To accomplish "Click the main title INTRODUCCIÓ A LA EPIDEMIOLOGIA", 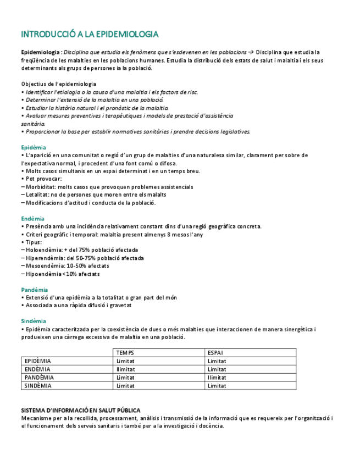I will [x=90, y=34].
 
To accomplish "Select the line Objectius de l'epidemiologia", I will [x=55, y=84].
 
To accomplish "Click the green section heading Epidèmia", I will [x=34, y=147].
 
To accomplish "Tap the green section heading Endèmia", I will [x=33, y=218].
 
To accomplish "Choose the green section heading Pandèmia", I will [x=35, y=290].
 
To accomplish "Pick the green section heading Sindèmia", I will [x=34, y=321].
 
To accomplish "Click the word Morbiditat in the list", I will [x=40, y=187].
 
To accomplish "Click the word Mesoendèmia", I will [x=43, y=265].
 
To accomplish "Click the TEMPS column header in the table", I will [x=125, y=353].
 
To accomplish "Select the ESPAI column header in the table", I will [x=215, y=353].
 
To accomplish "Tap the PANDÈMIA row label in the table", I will [x=40, y=378].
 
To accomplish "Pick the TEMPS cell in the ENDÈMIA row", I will [x=125, y=369].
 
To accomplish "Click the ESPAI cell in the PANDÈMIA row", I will [x=217, y=378].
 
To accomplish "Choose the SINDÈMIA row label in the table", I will [x=38, y=386].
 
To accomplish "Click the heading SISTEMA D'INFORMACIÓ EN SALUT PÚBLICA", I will [x=80, y=410].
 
